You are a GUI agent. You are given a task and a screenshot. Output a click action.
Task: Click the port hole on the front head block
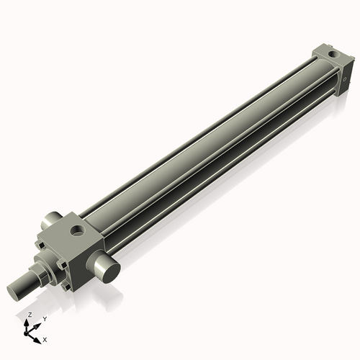tap(77, 232)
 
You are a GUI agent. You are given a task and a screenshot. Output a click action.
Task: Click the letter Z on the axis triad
tap(30, 315)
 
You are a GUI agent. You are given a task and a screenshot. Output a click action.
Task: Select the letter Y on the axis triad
tap(45, 318)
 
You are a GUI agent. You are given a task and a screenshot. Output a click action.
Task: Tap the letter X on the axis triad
tap(45, 338)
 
